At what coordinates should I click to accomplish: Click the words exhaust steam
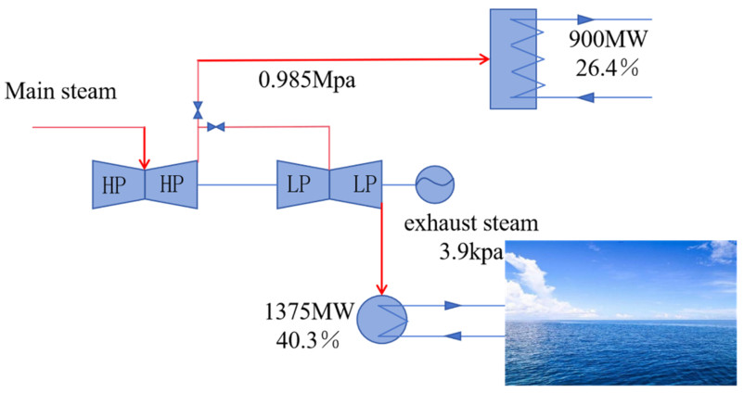(x=473, y=223)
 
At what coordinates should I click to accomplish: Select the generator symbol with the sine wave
(x=431, y=183)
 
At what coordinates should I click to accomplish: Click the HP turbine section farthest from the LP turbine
(x=117, y=183)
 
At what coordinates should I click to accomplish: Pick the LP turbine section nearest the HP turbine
(x=303, y=183)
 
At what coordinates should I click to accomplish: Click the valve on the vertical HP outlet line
(x=198, y=110)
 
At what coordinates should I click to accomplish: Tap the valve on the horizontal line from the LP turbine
(x=215, y=126)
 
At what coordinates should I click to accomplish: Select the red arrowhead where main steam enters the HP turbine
(x=145, y=156)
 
